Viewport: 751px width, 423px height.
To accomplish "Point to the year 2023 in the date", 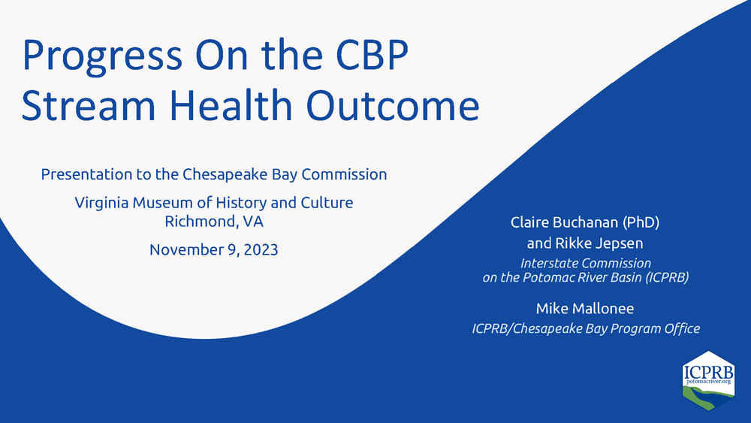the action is (261, 249).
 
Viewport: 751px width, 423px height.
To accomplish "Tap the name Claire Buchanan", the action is (564, 222).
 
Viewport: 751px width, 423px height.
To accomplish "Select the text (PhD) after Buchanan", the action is (641, 222).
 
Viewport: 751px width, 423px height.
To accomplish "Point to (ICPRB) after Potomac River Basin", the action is (667, 277).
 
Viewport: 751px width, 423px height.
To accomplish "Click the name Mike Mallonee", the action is (585, 309).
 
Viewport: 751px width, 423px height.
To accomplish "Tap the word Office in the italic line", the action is (682, 328).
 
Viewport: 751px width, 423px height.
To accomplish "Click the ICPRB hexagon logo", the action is (708, 380).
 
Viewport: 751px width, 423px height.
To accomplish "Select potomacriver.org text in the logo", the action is (709, 382).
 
